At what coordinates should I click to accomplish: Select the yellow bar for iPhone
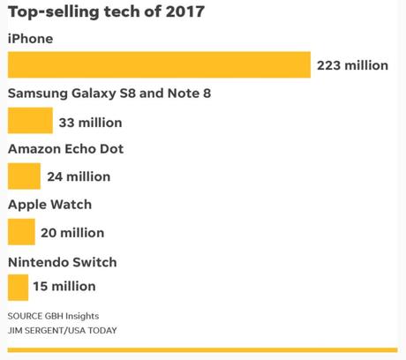(159, 64)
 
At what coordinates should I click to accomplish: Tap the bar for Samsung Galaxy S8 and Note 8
(30, 121)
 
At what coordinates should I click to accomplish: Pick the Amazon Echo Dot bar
(24, 176)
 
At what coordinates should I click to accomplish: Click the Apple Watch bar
(21, 232)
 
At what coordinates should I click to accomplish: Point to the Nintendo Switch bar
(18, 287)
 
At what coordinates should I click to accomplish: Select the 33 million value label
(90, 122)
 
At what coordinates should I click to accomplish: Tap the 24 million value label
(79, 176)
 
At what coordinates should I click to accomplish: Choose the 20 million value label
(72, 233)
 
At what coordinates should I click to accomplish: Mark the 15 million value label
(64, 287)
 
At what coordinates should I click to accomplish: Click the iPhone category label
(30, 39)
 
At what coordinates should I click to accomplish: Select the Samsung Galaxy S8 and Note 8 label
(109, 94)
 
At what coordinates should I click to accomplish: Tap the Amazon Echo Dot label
(65, 149)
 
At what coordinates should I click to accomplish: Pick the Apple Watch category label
(49, 205)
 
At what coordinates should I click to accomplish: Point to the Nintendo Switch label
(62, 262)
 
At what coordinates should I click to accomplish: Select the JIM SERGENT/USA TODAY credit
(62, 331)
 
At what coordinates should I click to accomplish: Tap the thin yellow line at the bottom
(203, 351)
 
